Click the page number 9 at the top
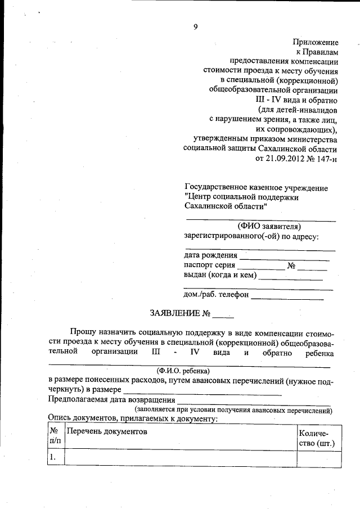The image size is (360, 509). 195,26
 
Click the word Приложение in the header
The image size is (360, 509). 315,42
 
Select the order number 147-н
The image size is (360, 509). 325,159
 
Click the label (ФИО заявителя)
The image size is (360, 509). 261,226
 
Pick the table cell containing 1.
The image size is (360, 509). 55,458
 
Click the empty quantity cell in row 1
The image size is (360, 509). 318,458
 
